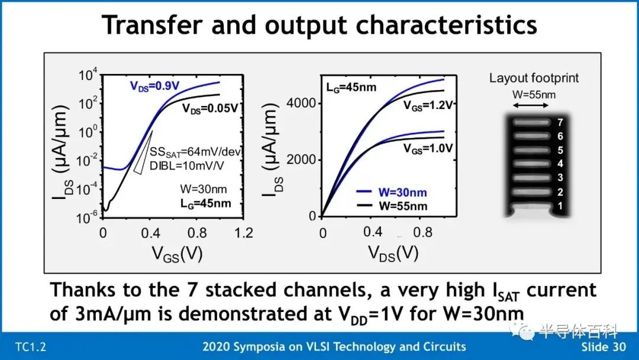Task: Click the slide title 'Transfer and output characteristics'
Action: pyautogui.click(x=319, y=25)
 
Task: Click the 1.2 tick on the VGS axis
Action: pyautogui.click(x=244, y=233)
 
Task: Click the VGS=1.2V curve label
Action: pyautogui.click(x=428, y=105)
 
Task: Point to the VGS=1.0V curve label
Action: pyautogui.click(x=428, y=149)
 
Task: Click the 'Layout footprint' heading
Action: pyautogui.click(x=534, y=78)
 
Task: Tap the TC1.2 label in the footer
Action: pyautogui.click(x=30, y=347)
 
